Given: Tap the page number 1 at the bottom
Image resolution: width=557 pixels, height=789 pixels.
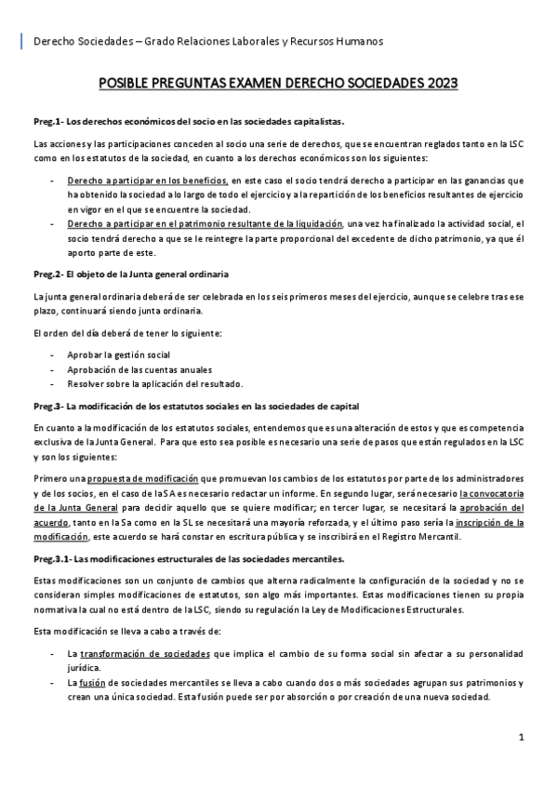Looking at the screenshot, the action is [522, 737].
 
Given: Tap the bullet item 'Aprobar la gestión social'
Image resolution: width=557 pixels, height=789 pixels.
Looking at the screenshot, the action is [118, 355].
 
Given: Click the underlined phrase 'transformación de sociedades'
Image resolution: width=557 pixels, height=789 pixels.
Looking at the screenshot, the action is [156, 655].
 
